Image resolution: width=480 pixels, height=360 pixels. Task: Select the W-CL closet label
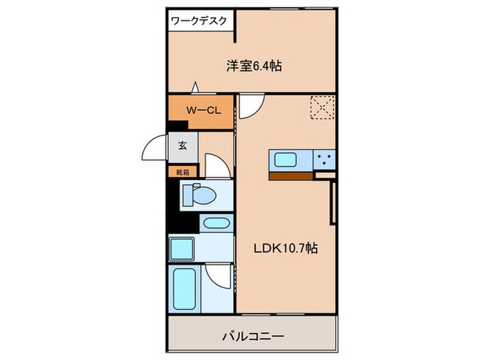point(202,109)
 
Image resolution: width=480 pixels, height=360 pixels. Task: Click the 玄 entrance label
point(183,145)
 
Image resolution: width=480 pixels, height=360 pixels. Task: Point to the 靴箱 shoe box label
point(183,171)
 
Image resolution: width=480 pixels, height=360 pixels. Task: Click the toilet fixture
point(200,195)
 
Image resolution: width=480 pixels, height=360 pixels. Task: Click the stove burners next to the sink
point(324,160)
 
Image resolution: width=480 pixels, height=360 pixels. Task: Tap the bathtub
point(184,289)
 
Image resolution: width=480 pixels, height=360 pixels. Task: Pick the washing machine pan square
point(182,248)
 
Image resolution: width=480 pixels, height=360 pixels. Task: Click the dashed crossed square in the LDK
point(322,107)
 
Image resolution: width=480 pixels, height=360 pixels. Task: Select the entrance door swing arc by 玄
point(154,148)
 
